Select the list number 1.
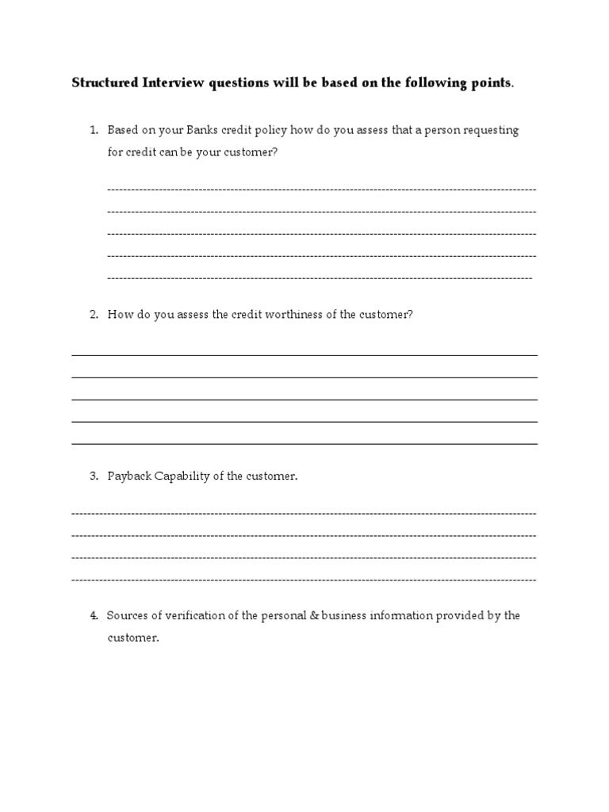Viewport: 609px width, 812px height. (x=93, y=130)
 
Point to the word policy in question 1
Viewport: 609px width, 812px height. (x=272, y=130)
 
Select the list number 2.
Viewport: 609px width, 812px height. (x=93, y=314)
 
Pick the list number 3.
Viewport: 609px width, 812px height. (x=93, y=477)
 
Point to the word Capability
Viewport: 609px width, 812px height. (x=181, y=477)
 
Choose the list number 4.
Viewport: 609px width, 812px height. (x=93, y=615)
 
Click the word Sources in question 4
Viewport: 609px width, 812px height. (x=128, y=615)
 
